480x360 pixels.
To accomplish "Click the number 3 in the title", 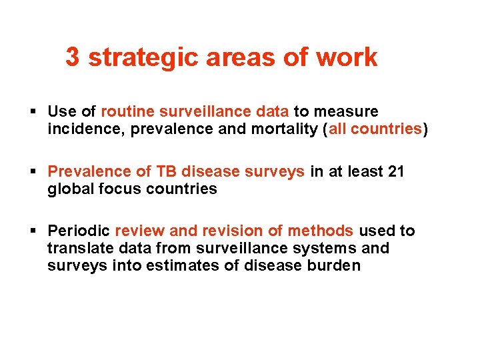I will pyautogui.click(x=73, y=57).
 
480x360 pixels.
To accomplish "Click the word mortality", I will pyautogui.click(x=283, y=129).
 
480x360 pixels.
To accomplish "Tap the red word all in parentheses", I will pyautogui.click(x=337, y=129).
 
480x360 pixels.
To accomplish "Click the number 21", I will pyautogui.click(x=395, y=171).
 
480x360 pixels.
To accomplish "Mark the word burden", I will pyautogui.click(x=335, y=266).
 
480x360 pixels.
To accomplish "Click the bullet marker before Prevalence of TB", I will pyautogui.click(x=33, y=172).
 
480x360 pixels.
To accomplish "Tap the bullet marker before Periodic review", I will pyautogui.click(x=33, y=232).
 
